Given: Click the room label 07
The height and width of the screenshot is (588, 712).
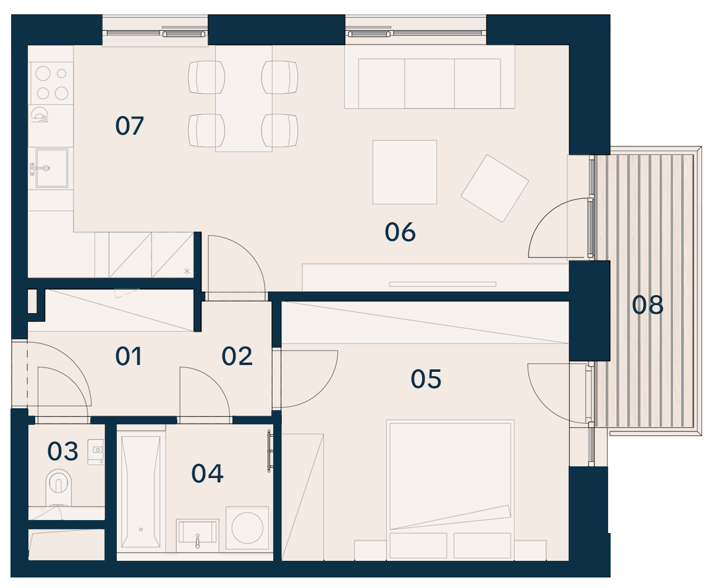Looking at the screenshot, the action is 129,125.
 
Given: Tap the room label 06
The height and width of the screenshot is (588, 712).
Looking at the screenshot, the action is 400,232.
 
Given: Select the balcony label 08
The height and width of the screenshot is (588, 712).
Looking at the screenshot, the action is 648,305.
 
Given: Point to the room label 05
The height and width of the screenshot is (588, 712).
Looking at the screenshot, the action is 426,379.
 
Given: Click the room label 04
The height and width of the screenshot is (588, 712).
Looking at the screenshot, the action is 207,474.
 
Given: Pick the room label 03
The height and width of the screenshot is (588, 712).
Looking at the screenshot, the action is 62,452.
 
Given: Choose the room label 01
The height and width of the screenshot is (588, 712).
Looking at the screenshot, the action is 129,356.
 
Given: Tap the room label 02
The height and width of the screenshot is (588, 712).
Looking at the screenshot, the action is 237,356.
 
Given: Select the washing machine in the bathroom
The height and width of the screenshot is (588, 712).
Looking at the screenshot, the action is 247,528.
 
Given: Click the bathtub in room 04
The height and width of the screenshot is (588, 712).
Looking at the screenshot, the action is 141,492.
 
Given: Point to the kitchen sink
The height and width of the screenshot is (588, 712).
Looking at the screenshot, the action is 52,168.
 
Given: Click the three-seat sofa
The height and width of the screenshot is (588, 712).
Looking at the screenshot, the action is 430,77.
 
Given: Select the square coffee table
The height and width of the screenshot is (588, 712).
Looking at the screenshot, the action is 405,172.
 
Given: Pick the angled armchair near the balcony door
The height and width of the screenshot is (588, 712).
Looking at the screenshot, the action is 495,189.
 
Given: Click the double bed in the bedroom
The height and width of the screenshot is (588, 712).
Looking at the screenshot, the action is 451,489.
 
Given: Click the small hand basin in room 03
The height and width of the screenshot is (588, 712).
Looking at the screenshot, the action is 96,451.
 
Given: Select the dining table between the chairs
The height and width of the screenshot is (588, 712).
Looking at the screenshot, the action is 244,98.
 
